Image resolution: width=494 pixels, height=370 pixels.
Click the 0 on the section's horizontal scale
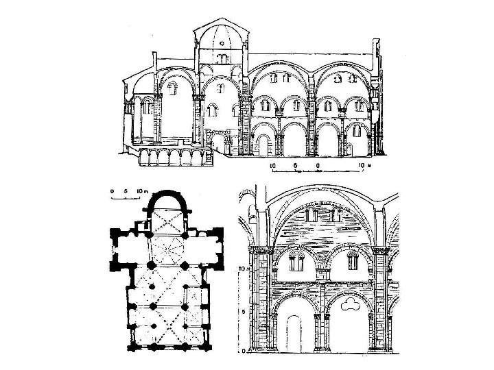click(x=318, y=166)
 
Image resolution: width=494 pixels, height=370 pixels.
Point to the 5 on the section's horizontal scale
click(x=294, y=166)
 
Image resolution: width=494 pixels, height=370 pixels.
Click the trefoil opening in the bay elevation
click(x=351, y=304)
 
